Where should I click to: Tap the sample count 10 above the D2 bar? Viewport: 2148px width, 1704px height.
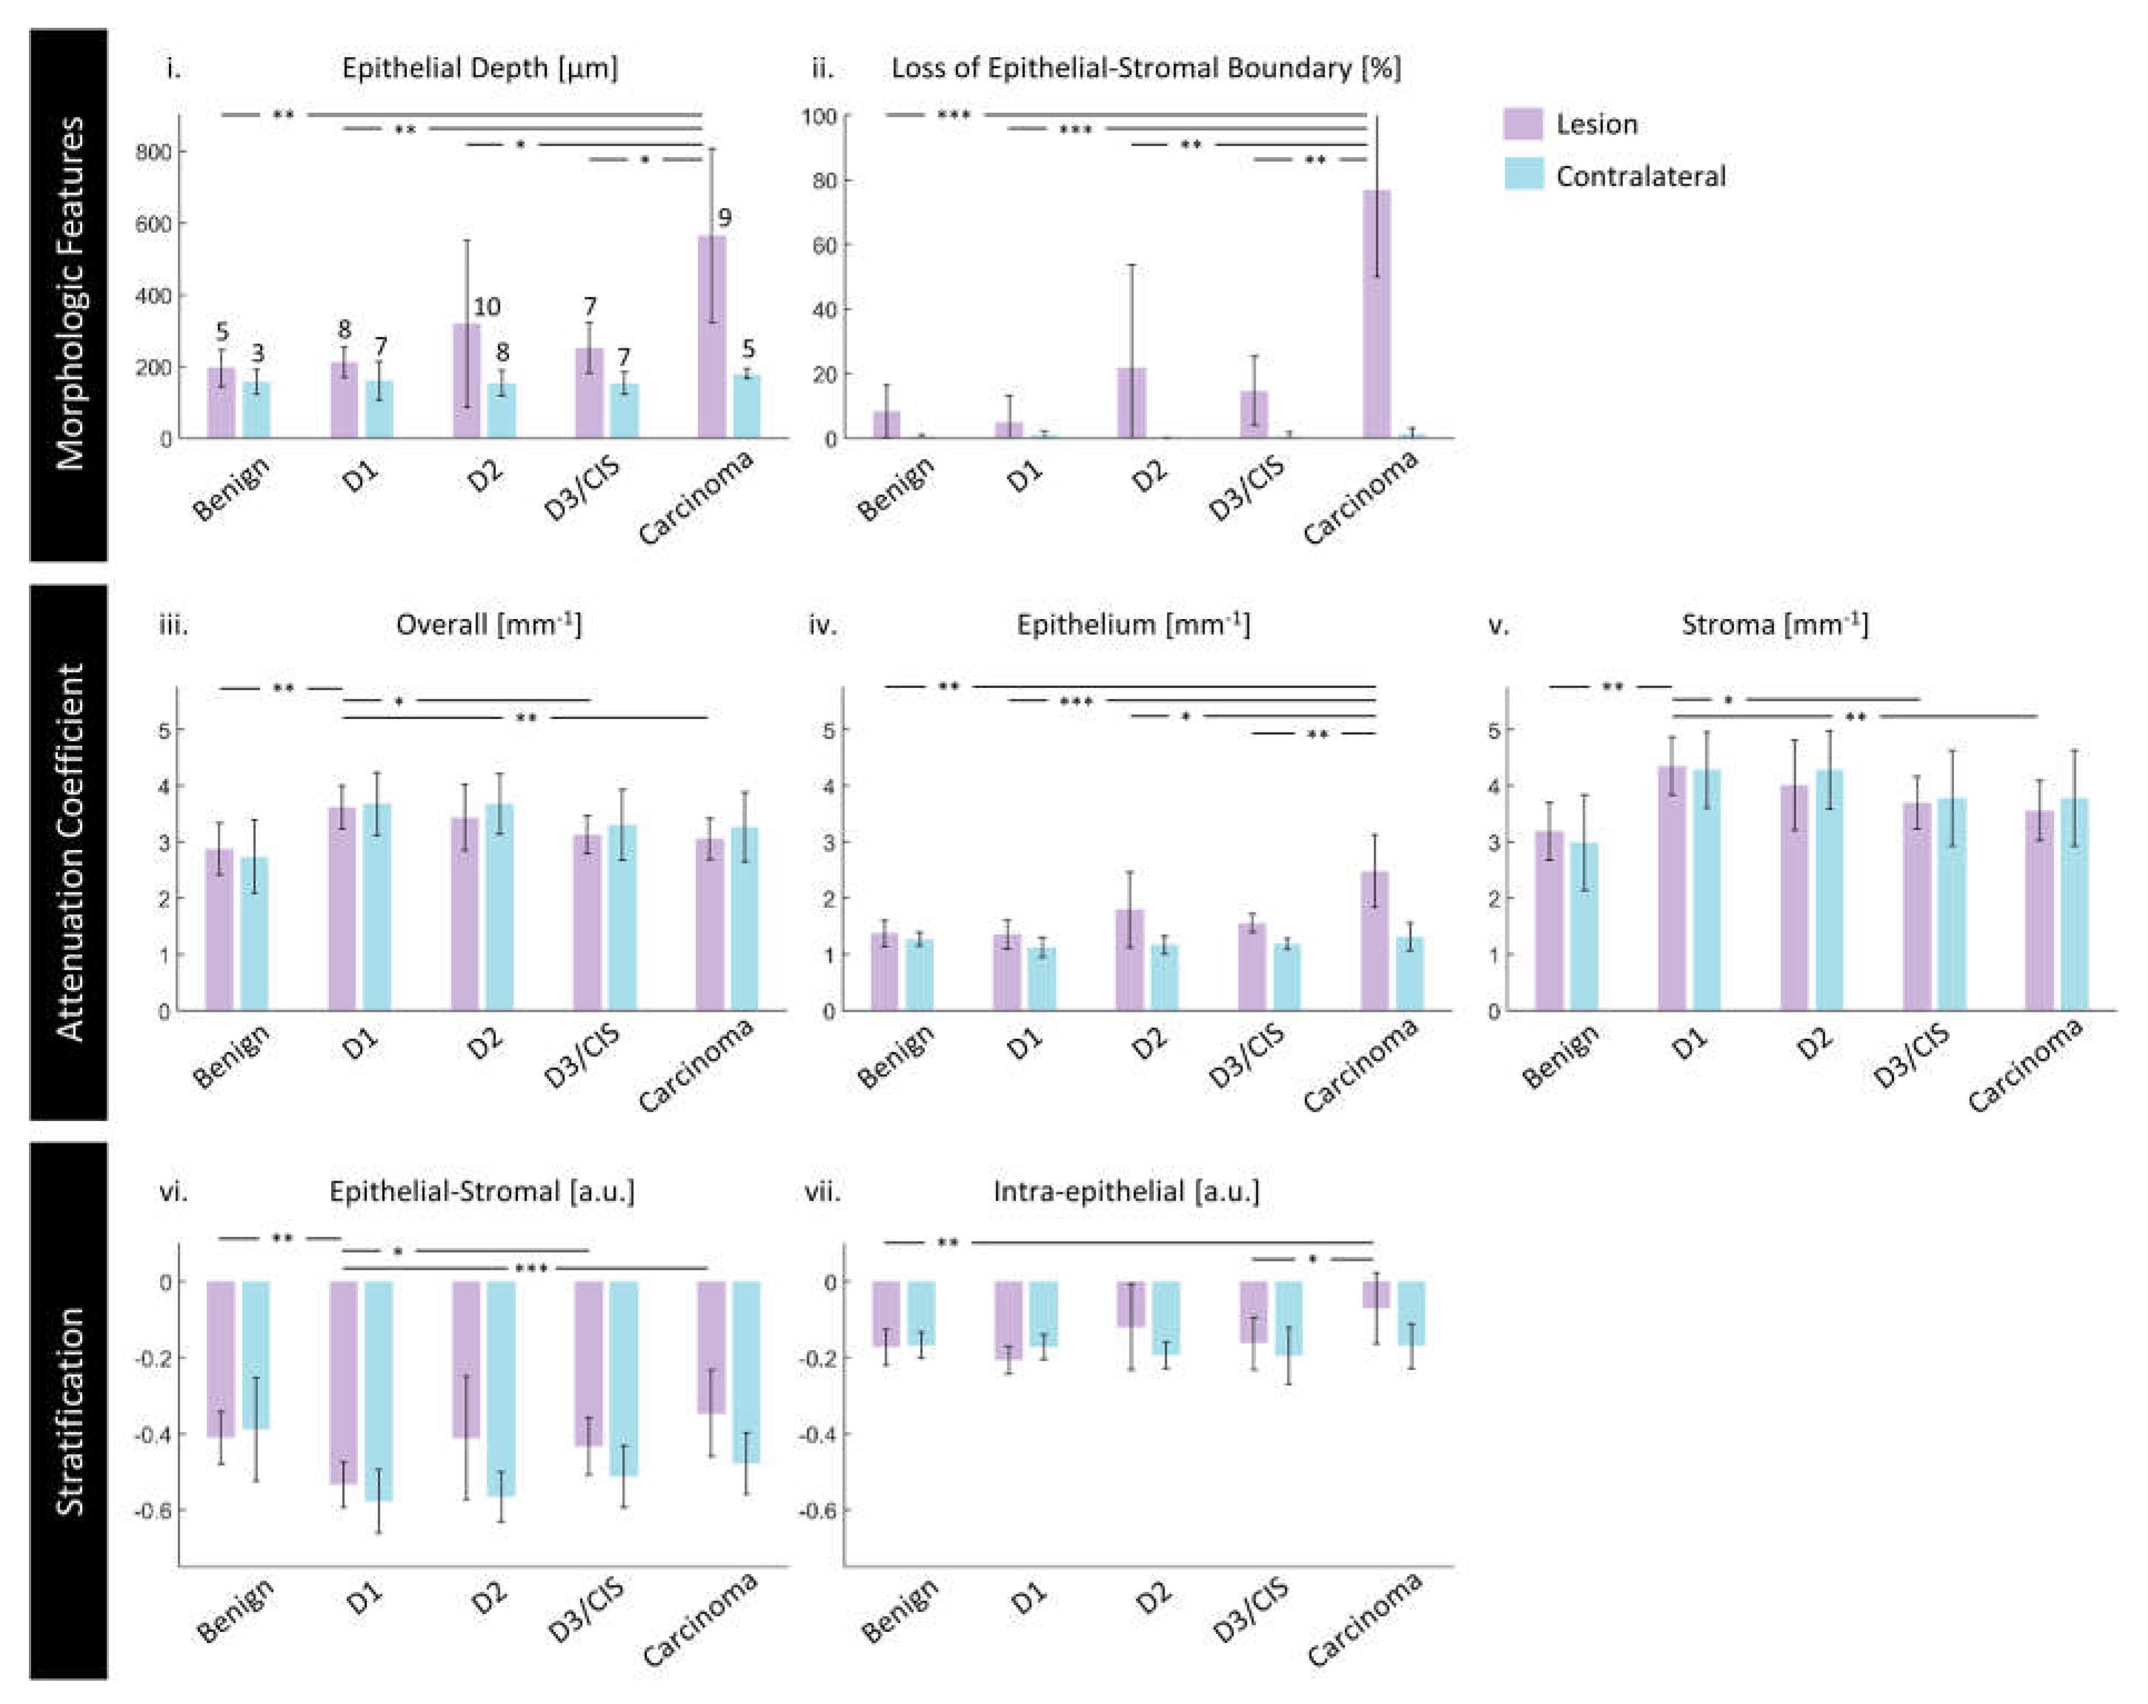point(486,306)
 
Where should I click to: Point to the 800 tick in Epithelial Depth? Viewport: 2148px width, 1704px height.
point(153,152)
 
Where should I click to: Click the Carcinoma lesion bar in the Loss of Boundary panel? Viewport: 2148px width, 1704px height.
point(1376,314)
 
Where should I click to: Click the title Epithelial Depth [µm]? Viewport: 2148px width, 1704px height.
point(479,68)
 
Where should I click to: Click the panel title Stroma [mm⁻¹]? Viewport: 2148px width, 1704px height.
point(1775,625)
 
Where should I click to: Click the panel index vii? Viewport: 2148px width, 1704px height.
point(822,1191)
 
